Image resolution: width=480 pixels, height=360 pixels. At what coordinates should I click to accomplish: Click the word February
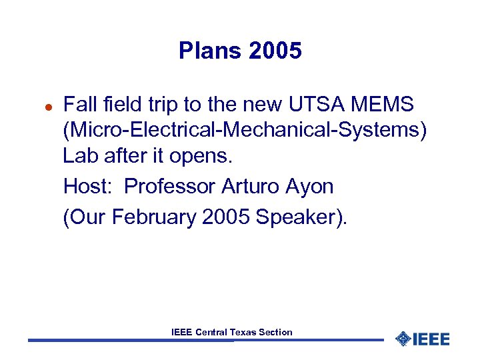(x=155, y=218)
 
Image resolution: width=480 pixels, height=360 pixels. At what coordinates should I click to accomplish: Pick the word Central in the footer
(x=211, y=332)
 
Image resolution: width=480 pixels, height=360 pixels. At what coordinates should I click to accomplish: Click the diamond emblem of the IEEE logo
(x=402, y=339)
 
